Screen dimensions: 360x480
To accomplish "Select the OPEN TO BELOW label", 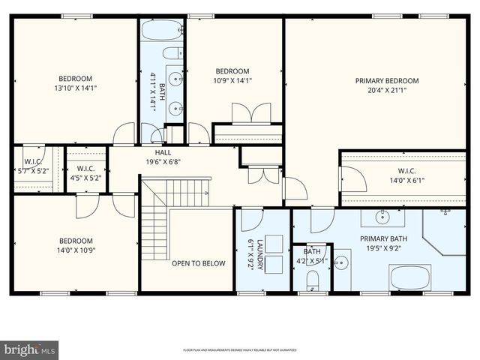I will pos(198,263).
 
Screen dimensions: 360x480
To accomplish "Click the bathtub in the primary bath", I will pos(410,277).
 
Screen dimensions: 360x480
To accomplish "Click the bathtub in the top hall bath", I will pos(161,31).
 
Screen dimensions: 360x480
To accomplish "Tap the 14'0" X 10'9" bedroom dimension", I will pos(76,251).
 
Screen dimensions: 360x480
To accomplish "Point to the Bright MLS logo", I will pos(30,349).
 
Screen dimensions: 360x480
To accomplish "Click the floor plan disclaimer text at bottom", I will pos(240,350).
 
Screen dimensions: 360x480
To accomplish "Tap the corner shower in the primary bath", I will pos(445,231).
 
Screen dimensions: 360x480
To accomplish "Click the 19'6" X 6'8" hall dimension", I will pos(163,161).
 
